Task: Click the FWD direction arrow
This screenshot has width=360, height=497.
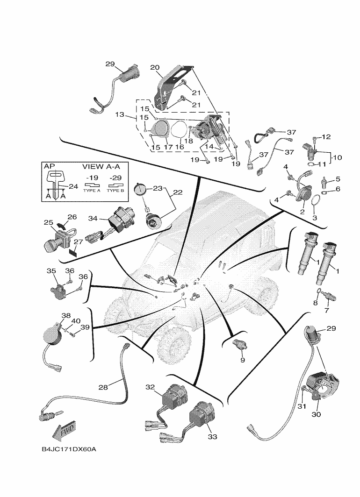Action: (65, 432)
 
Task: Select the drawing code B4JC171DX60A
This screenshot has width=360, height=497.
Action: (72, 449)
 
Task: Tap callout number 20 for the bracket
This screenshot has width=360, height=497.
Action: (155, 67)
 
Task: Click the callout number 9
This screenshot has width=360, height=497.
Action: (242, 360)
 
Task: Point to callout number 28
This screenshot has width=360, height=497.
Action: (103, 387)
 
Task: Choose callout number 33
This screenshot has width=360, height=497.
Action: (212, 437)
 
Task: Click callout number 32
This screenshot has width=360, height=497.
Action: (150, 387)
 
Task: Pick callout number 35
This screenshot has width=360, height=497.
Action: (51, 271)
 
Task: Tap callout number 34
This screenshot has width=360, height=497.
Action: (94, 218)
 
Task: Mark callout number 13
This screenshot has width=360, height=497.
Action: (119, 114)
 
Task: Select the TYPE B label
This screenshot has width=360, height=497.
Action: (115, 190)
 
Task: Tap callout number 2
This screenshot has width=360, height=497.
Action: (302, 212)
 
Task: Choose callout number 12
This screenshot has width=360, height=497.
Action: (326, 137)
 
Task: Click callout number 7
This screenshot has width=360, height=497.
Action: (327, 310)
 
